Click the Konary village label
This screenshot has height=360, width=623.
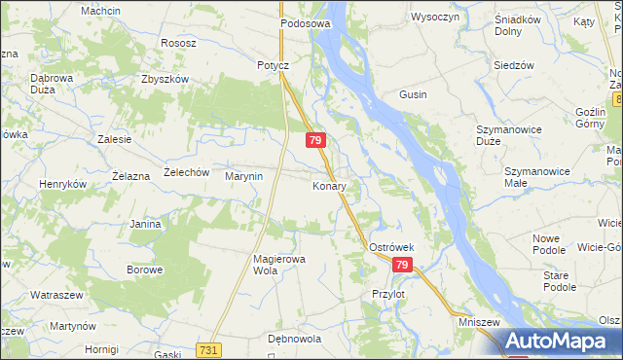pyautogui.click(x=329, y=186)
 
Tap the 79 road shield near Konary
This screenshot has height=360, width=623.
pyautogui.click(x=315, y=141)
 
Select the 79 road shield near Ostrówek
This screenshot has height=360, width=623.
pyautogui.click(x=403, y=265)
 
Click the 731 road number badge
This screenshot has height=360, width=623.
pyautogui.click(x=206, y=349)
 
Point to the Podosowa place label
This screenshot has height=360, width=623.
pyautogui.click(x=306, y=22)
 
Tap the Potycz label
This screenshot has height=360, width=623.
pyautogui.click(x=274, y=65)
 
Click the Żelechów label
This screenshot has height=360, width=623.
pyautogui.click(x=186, y=172)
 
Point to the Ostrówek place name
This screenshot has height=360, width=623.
pyautogui.click(x=392, y=247)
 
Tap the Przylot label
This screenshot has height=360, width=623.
pyautogui.click(x=387, y=293)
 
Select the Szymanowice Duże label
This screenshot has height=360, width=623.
pyautogui.click(x=508, y=135)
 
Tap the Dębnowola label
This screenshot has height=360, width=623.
pyautogui.click(x=294, y=339)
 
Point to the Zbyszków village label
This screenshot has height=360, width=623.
pyautogui.click(x=164, y=80)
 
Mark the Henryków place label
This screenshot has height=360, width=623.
pyautogui.click(x=62, y=184)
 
